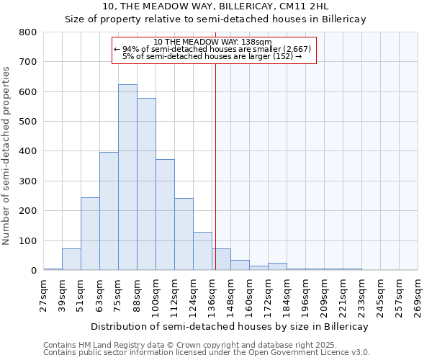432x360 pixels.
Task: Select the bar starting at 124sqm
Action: (202, 251)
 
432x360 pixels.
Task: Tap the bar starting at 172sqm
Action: (277, 266)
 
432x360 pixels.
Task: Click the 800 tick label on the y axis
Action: (27, 32)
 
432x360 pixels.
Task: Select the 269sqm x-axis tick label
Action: (418, 295)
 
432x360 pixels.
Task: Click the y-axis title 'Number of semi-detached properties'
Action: (7, 155)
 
